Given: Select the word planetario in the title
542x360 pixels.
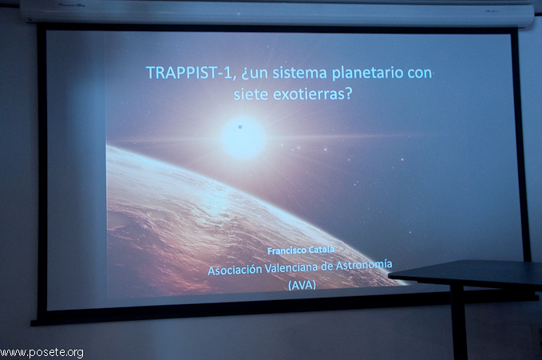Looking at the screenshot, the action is pyautogui.click(x=367, y=73).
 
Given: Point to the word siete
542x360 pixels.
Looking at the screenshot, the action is pyautogui.click(x=251, y=94).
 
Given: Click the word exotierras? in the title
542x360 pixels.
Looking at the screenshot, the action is pyautogui.click(x=312, y=94).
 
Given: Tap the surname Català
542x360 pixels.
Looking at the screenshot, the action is pyautogui.click(x=321, y=249).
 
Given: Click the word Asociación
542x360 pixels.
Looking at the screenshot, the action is pyautogui.click(x=235, y=270).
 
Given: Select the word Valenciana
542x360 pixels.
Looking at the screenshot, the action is pyautogui.click(x=294, y=267).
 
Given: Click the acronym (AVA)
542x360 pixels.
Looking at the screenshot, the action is pyautogui.click(x=302, y=285).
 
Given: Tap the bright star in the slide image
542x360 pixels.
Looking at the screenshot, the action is pyautogui.click(x=243, y=138).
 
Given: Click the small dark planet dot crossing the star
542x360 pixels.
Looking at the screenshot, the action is pyautogui.click(x=240, y=127).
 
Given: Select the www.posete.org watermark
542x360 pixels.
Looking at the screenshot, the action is pyautogui.click(x=42, y=353).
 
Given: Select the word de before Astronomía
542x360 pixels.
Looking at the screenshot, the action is pyautogui.click(x=329, y=267).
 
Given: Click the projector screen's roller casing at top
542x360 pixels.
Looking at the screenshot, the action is pyautogui.click(x=276, y=12).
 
